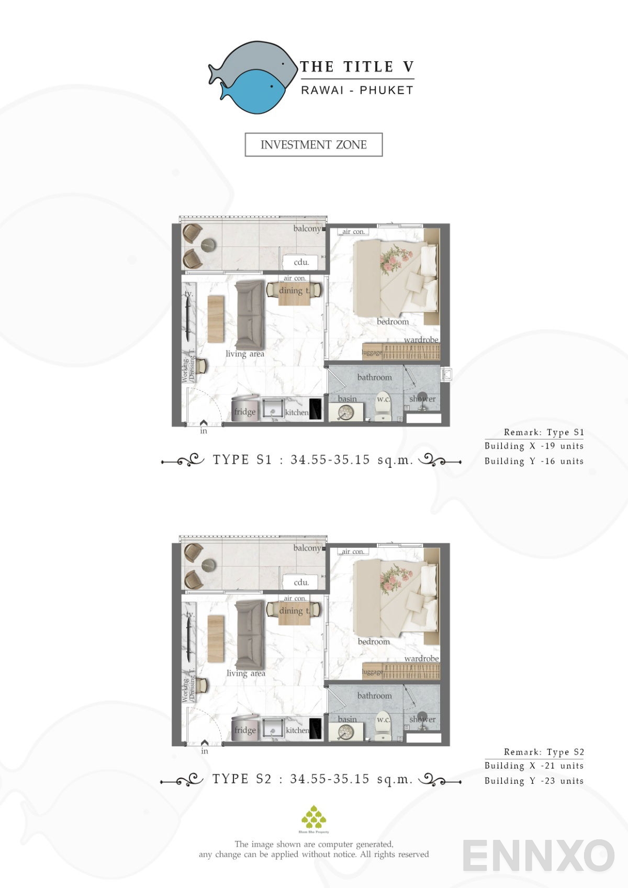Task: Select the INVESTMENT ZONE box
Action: pyautogui.click(x=313, y=145)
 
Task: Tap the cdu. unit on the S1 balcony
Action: pyautogui.click(x=301, y=262)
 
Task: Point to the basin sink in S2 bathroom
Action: pyautogui.click(x=346, y=732)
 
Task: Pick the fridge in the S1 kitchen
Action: pyautogui.click(x=245, y=409)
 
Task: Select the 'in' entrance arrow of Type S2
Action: pyautogui.click(x=204, y=743)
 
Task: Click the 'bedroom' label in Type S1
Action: pyautogui.click(x=392, y=321)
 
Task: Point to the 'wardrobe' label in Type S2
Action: pyautogui.click(x=421, y=658)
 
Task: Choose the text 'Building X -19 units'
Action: pyautogui.click(x=534, y=446)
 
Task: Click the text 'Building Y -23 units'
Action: pyautogui.click(x=534, y=781)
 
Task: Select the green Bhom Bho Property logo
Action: pyautogui.click(x=313, y=817)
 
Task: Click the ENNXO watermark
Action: pyautogui.click(x=538, y=856)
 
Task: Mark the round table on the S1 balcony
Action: pyautogui.click(x=208, y=245)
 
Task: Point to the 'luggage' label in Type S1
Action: pyautogui.click(x=372, y=352)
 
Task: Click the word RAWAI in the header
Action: pyautogui.click(x=322, y=90)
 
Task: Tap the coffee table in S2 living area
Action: pyautogui.click(x=216, y=638)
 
